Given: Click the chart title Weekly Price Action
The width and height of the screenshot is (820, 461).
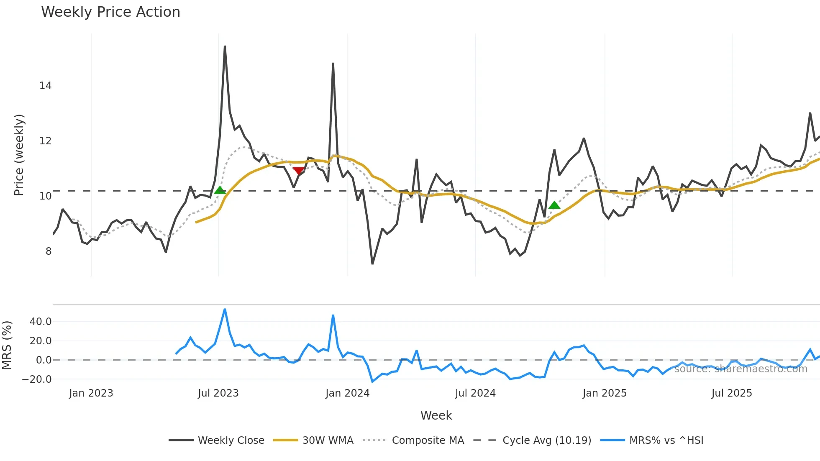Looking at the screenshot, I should coord(110,12).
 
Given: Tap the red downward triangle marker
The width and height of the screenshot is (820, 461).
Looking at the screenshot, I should coord(298,171).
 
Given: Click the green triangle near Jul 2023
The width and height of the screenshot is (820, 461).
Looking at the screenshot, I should coord(220,190).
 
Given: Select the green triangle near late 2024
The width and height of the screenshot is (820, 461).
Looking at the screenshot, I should coord(554,205).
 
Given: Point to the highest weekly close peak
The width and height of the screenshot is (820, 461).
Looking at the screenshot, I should coord(225,46).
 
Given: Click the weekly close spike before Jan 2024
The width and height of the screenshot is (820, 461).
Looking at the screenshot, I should coord(333,64).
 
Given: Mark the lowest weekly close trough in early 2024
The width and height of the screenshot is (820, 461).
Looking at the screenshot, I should coord(372,264).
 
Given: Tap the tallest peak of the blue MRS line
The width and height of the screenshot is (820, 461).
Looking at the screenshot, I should coord(225,310).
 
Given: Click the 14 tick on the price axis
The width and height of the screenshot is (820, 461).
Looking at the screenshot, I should coord(45,86).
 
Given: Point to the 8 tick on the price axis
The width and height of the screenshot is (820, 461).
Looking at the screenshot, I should coord(49,251).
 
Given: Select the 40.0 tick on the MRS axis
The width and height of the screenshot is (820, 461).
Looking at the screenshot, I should coord(41,322).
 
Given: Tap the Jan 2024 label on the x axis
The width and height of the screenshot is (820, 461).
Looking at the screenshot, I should coord(347,393).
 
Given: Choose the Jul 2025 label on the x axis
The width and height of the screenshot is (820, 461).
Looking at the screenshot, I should coord(731,393).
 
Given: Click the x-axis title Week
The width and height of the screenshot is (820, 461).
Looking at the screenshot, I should coord(436,415).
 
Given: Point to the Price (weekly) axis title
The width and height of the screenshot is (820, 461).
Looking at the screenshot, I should coord(19,155).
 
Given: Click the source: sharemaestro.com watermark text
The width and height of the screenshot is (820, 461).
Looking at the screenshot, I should coord(741,369).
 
